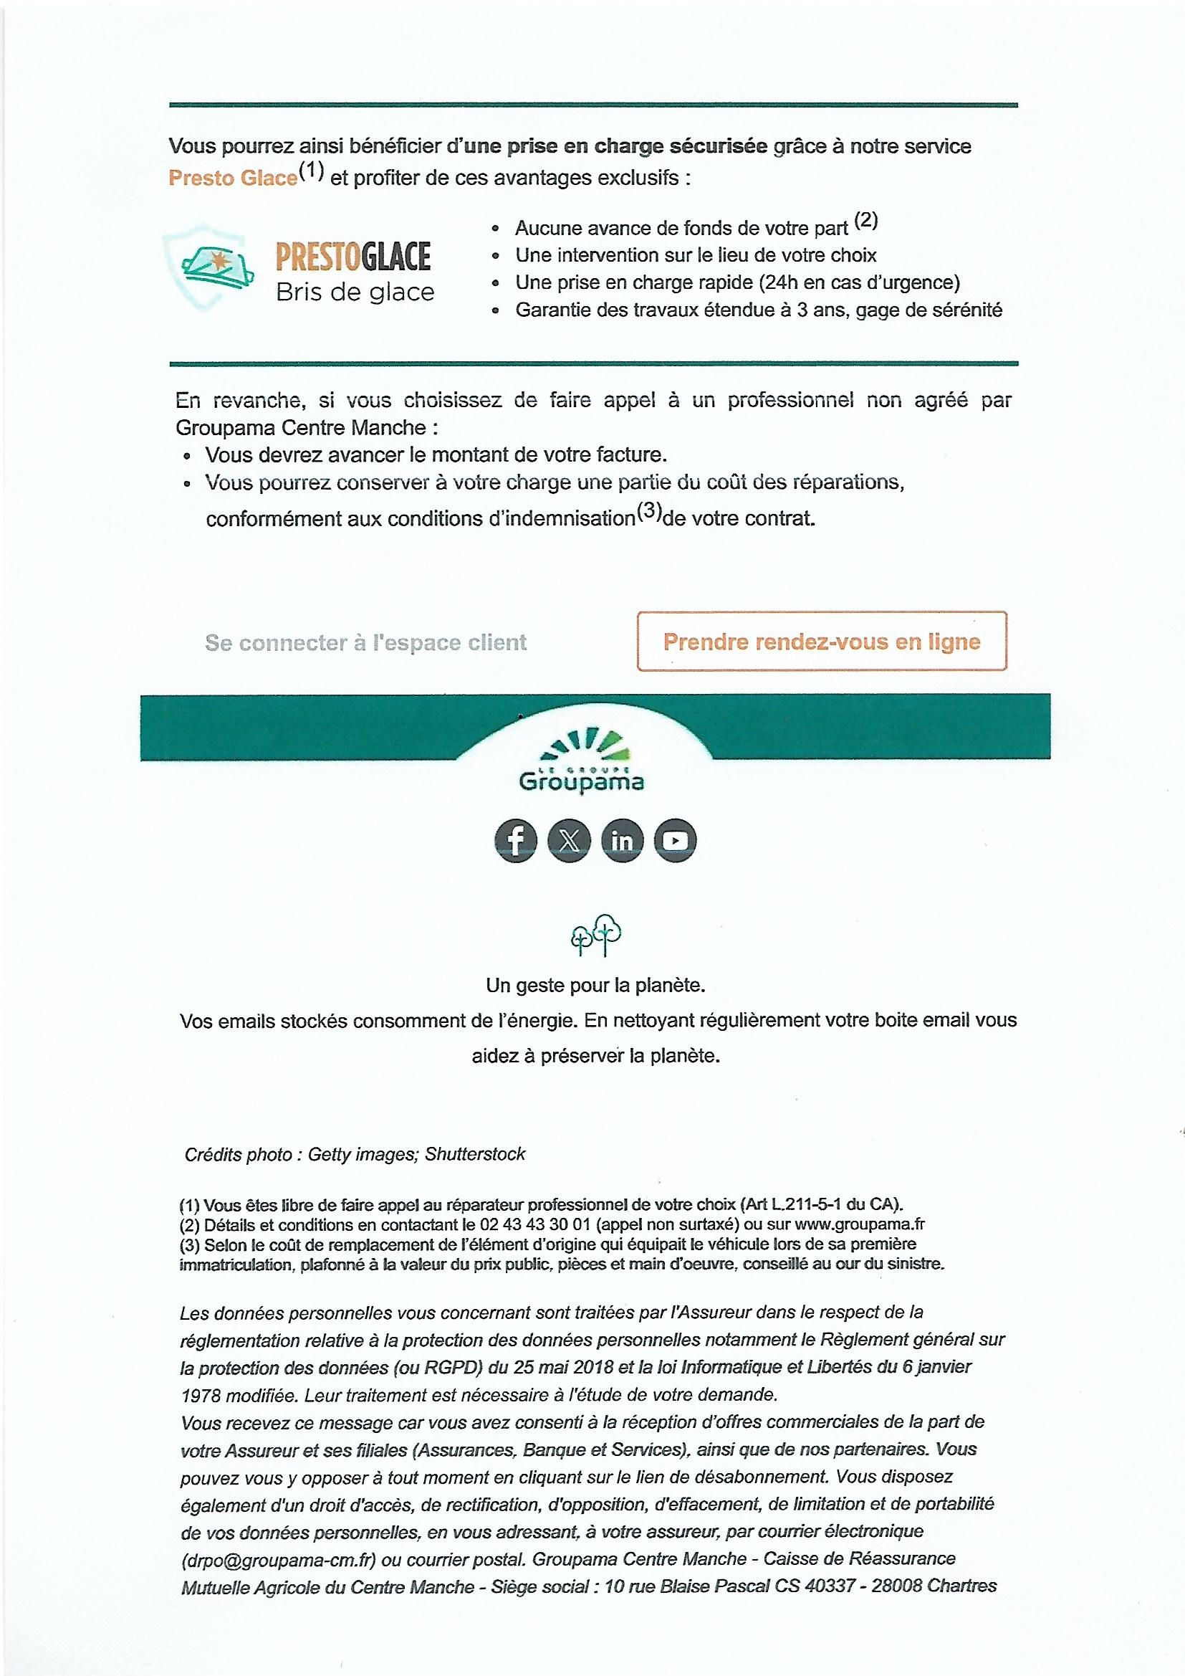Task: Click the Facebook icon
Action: pos(516,841)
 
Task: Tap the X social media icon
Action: pos(569,841)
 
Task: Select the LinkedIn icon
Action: pos(623,841)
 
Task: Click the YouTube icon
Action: pos(676,841)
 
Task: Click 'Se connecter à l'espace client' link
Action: pos(365,642)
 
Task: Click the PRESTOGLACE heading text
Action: pos(353,257)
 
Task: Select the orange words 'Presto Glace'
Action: pos(233,178)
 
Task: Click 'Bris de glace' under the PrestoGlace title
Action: pos(355,292)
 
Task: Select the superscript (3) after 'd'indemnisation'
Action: pos(648,513)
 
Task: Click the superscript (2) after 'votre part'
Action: pos(865,222)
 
